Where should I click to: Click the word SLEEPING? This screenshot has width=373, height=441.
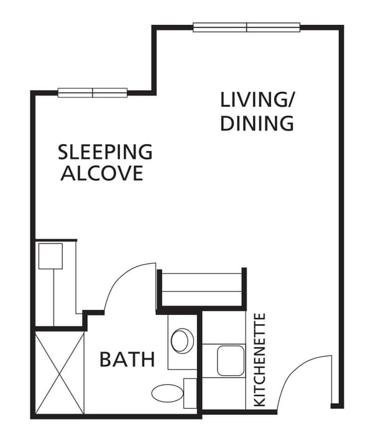pos(104,152)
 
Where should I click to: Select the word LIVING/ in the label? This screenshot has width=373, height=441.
pos(257,100)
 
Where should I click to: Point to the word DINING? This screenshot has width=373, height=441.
pos(257,123)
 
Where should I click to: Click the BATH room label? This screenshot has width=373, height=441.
pos(127,359)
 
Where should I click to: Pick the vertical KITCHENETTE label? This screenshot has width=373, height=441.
pos(260,360)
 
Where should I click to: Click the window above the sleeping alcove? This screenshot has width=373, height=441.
pos(93,93)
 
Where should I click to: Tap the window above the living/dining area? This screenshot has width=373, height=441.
pos(247,27)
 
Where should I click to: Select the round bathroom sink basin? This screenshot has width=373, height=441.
pos(182,340)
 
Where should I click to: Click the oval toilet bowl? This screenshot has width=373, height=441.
pos(165,393)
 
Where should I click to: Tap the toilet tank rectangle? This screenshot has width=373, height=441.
pos(190,393)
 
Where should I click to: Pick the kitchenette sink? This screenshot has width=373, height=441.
pos(231,360)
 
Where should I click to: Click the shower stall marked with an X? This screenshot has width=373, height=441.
pos(60,373)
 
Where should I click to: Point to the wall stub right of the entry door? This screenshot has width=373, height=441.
pos(337,406)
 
